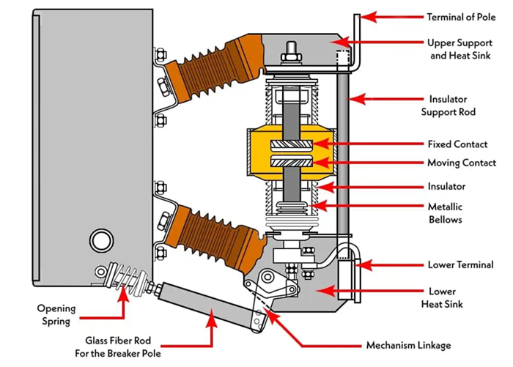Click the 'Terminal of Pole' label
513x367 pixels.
pos(461,16)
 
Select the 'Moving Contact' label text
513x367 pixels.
pos(462,163)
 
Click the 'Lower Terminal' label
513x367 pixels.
pos(460,264)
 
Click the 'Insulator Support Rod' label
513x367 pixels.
pos(448,105)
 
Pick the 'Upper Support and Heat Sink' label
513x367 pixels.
pos(460,48)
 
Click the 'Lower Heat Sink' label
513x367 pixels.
pos(448,297)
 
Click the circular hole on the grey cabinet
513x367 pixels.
pos(97,239)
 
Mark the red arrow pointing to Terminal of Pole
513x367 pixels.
pos(390,16)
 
